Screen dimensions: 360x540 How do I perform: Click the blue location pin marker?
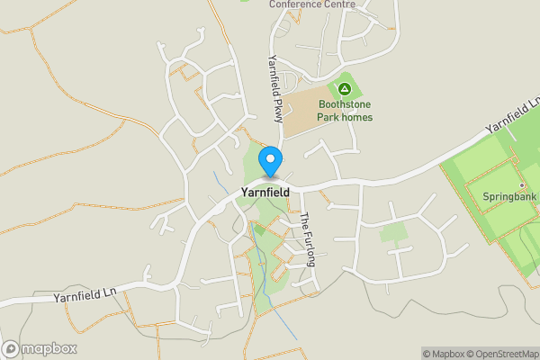click(270, 161)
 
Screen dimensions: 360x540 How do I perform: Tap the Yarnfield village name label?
click(265, 192)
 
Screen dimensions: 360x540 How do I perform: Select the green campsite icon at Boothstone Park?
click(344, 88)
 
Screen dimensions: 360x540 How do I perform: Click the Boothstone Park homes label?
click(345, 111)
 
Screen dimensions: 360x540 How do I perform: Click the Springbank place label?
click(508, 196)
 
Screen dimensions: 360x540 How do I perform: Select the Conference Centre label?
click(312, 4)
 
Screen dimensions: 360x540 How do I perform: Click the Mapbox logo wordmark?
click(49, 349)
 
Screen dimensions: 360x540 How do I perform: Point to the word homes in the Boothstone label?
click(357, 117)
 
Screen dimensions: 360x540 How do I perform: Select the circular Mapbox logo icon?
click(11, 349)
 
